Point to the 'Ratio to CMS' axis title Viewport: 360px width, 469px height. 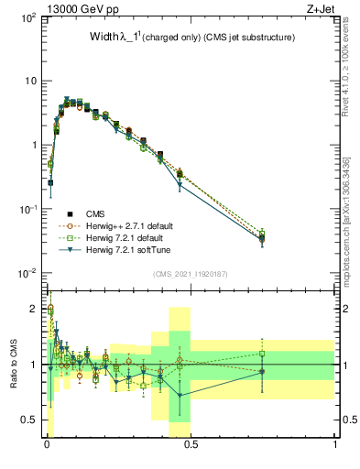(x=15, y=365)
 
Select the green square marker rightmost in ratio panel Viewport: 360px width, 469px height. (x=262, y=354)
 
